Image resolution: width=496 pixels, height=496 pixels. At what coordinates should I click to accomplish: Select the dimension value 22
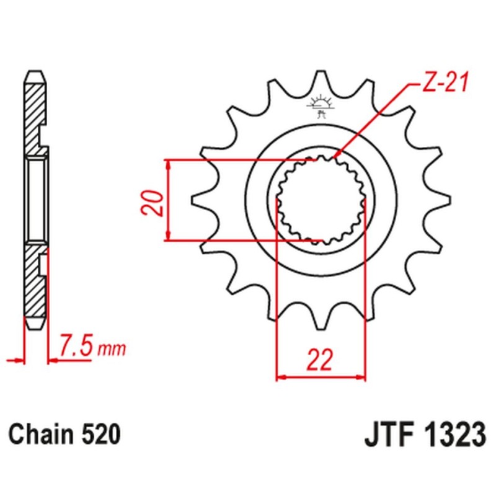point(321,360)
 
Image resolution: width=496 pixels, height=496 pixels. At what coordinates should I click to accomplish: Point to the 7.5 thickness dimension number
point(76,345)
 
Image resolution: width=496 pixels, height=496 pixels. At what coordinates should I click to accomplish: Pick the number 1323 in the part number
point(453,435)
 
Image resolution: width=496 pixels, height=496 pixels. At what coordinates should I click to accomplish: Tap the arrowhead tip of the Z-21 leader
point(335,157)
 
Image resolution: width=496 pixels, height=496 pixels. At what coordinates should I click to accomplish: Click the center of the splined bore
point(321,200)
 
